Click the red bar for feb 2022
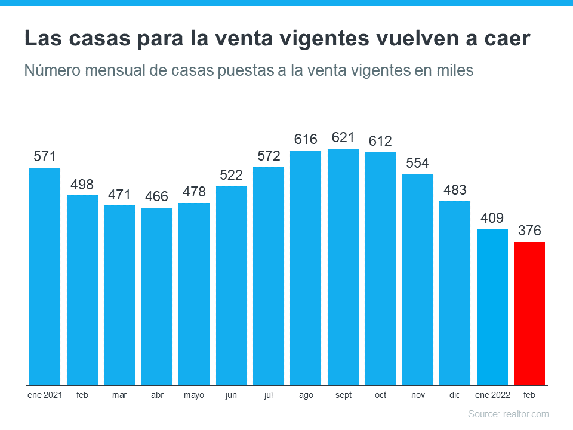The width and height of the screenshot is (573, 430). (x=529, y=313)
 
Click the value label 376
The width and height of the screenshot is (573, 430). (x=529, y=231)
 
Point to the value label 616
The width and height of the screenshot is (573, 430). (x=306, y=140)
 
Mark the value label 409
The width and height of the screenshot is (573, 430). (x=492, y=218)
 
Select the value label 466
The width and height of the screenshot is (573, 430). (x=157, y=196)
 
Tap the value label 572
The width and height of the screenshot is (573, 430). (x=269, y=156)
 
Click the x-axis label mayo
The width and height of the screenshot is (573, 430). (x=194, y=395)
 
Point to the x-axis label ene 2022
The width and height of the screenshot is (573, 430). (x=492, y=395)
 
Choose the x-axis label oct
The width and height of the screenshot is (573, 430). (x=380, y=395)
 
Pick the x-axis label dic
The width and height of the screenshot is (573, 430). (x=455, y=395)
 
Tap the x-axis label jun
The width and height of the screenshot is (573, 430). (x=231, y=395)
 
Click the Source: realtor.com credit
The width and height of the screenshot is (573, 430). (x=508, y=414)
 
